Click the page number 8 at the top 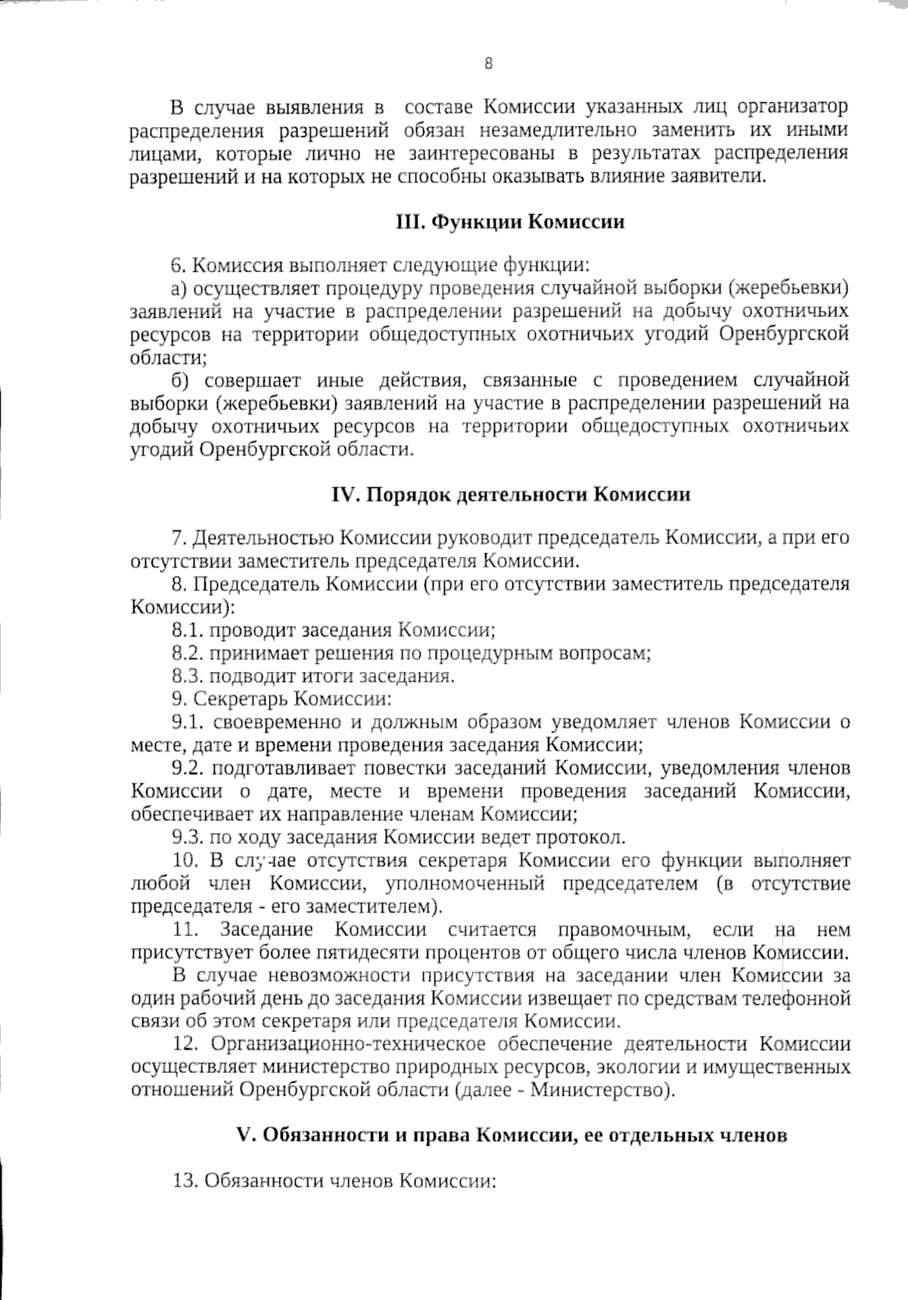(488, 64)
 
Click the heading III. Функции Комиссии (511, 222)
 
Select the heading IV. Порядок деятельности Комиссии (511, 495)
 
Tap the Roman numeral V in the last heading (244, 1157)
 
